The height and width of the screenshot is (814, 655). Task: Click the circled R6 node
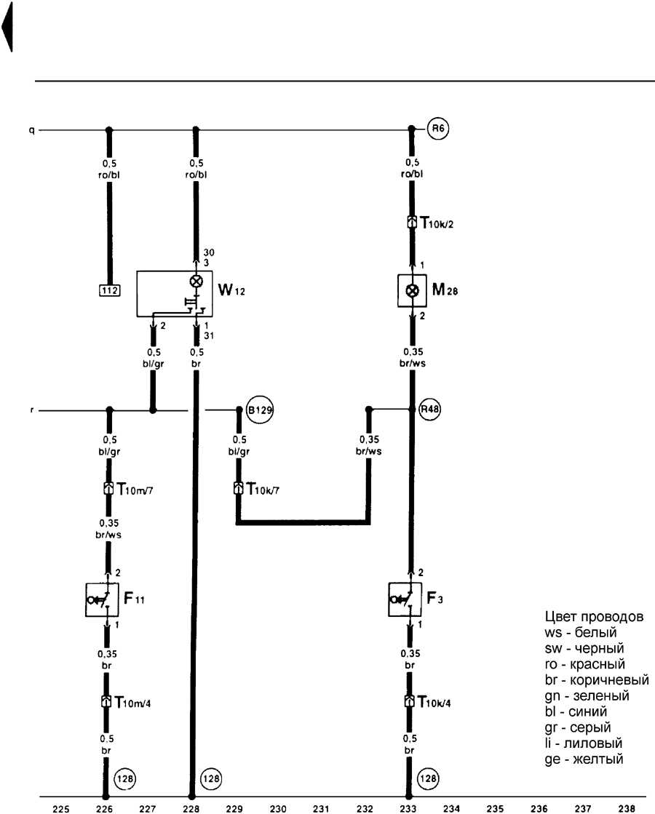(436, 130)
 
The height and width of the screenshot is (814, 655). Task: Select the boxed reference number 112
(110, 290)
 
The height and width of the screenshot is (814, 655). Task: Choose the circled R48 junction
(430, 410)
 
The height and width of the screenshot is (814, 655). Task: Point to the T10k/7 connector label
(266, 488)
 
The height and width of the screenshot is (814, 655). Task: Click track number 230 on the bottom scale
(277, 807)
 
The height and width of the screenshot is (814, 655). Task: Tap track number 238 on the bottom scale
(625, 807)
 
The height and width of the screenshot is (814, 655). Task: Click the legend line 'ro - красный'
(584, 664)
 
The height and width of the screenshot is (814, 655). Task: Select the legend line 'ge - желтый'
(583, 759)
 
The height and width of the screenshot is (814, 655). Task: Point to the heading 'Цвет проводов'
(593, 618)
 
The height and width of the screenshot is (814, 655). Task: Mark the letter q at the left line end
(31, 130)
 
